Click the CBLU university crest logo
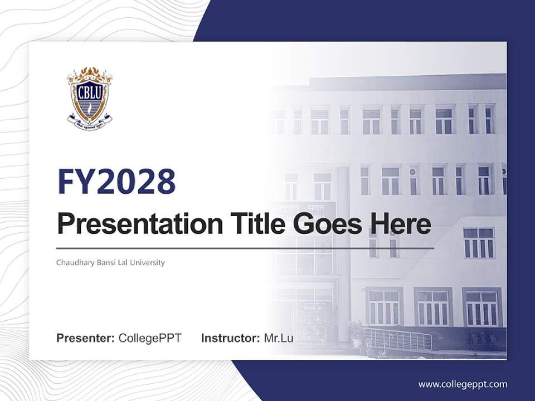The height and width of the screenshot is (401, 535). tap(90, 98)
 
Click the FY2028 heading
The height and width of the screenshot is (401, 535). tap(116, 182)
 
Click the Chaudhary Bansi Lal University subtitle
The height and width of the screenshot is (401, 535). tap(110, 262)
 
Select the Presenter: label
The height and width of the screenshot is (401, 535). tap(85, 338)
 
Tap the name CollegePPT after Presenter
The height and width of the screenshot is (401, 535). tap(150, 338)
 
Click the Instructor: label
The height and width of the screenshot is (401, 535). tap(230, 338)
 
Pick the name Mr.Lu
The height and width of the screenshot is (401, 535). tap(279, 338)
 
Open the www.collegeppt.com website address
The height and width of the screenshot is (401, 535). tap(463, 384)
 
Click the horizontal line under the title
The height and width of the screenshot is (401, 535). tap(245, 248)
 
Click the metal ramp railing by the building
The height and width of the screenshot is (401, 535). tap(398, 339)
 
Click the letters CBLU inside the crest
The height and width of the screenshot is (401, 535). tap(90, 90)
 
